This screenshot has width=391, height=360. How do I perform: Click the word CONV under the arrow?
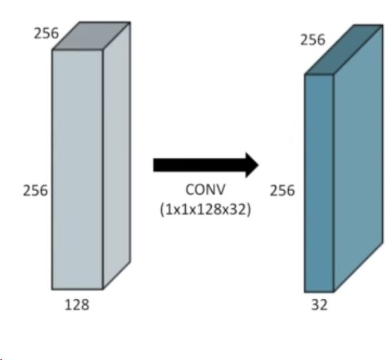(x=205, y=191)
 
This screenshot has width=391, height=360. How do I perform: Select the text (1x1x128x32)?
(x=205, y=209)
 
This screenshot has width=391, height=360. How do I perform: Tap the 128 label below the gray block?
(x=77, y=305)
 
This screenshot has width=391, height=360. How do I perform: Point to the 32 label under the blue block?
(x=319, y=305)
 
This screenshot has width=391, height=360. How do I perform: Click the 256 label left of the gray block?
(x=35, y=191)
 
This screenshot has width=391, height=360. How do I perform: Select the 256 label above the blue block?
(x=312, y=40)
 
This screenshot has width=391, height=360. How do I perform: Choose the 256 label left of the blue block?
(x=283, y=191)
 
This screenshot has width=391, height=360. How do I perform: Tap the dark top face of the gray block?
(x=91, y=36)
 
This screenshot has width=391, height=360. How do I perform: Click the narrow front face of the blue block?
(x=319, y=182)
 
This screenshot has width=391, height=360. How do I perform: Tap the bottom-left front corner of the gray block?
(x=52, y=289)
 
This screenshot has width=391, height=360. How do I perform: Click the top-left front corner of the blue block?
(x=305, y=75)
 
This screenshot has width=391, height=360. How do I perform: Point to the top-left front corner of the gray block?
(x=52, y=49)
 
